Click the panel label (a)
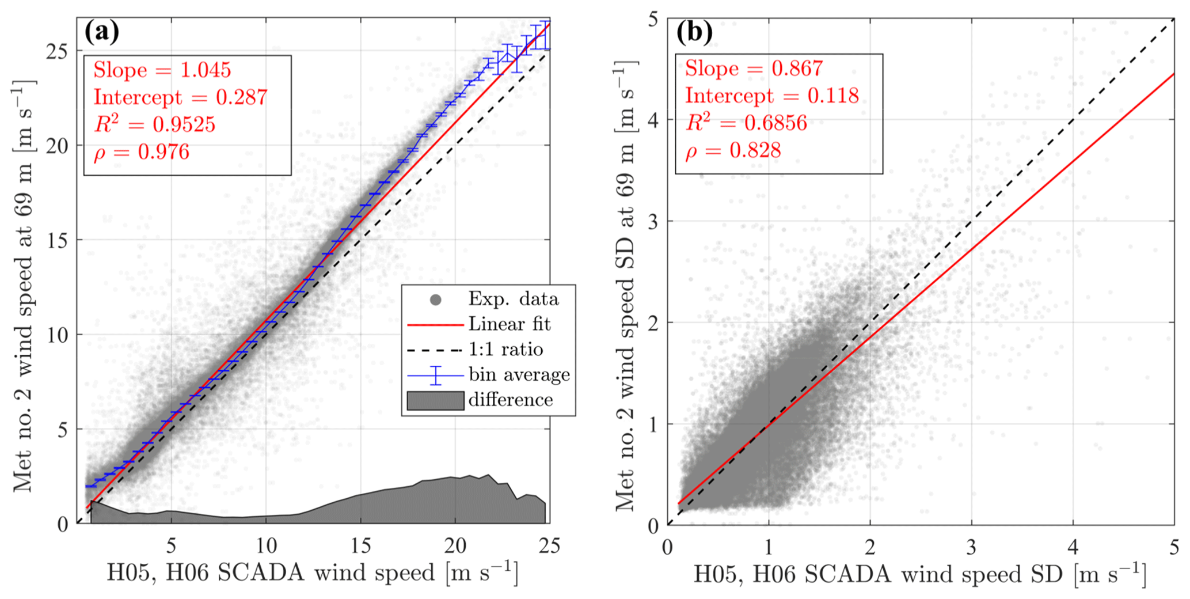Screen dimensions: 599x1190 101,32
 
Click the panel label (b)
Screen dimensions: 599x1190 694,32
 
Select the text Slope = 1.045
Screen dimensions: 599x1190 162,70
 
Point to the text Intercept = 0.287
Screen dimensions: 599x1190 180,97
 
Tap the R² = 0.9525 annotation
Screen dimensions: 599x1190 154,124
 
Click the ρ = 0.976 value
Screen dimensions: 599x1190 141,152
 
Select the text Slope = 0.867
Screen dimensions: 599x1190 754,69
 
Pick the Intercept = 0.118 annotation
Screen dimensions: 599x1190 771,96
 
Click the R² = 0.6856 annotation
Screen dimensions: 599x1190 746,123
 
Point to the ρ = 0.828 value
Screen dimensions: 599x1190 733,151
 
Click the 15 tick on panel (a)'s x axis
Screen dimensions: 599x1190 361,545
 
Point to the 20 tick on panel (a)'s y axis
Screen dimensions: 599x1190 56,146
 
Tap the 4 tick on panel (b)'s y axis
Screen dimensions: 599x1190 652,120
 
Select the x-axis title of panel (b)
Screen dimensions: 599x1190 919,575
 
